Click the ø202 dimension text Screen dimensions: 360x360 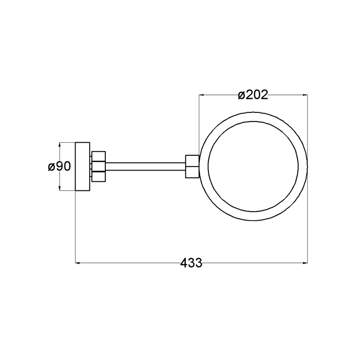(253, 95)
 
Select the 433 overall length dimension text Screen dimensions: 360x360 (191, 263)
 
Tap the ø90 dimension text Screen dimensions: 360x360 (59, 166)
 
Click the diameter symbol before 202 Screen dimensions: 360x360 (242, 95)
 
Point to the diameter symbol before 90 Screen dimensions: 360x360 (51, 166)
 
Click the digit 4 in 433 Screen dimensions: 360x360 (184, 263)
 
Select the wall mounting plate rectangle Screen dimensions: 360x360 (83, 166)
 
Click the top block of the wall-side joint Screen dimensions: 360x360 (99, 156)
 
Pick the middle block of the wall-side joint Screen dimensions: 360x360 (99, 166)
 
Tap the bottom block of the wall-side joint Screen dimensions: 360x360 (99, 177)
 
